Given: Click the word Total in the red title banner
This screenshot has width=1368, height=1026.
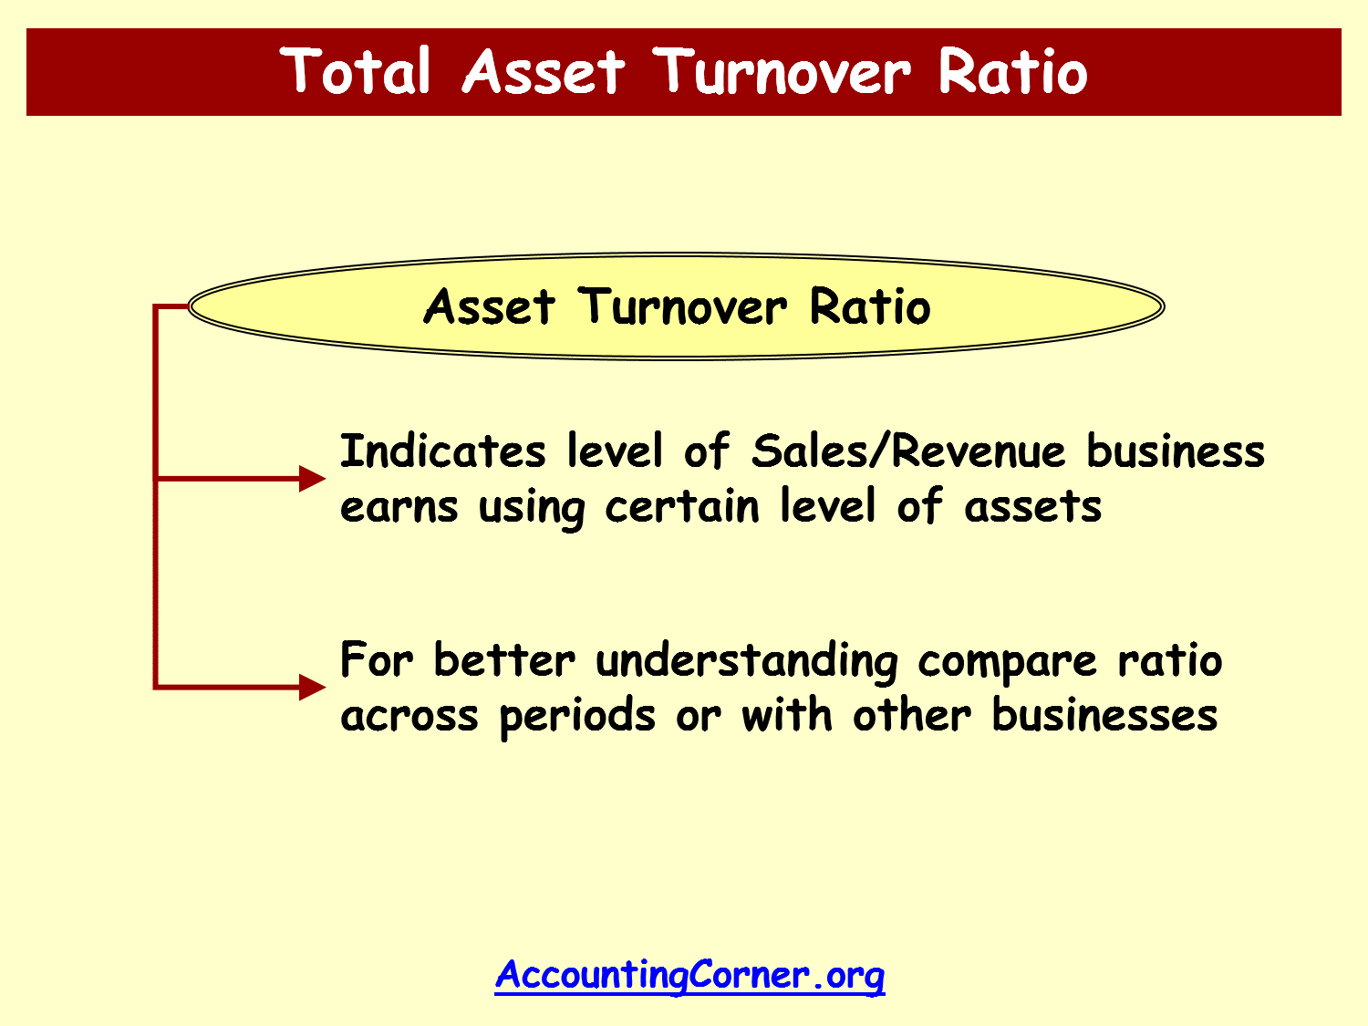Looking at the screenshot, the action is (356, 71).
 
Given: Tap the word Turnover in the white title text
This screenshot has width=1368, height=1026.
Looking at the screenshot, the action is (782, 71).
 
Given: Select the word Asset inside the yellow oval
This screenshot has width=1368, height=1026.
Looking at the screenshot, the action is (489, 306).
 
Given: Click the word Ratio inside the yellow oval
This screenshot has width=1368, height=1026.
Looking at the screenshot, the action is (870, 306).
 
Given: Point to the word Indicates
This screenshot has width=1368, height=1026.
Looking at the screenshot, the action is (443, 451).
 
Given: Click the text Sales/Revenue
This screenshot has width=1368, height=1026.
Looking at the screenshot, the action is (908, 451).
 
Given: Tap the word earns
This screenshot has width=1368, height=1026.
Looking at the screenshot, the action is (399, 506).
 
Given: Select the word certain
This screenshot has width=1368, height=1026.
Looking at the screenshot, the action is (682, 504).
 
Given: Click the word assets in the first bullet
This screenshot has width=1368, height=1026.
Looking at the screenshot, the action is (1032, 506).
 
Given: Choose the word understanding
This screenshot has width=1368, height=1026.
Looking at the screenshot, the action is (747, 661).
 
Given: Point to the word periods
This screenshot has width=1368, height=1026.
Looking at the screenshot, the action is (577, 717).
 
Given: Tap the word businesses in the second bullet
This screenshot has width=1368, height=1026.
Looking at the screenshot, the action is (1104, 714).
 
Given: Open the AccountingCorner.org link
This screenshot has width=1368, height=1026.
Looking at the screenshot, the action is (689, 975).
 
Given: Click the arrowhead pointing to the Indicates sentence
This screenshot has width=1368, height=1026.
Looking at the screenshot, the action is (312, 479).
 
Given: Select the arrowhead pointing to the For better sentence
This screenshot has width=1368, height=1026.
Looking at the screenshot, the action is (312, 687).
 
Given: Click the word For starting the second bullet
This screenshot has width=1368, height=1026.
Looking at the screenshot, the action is (377, 659).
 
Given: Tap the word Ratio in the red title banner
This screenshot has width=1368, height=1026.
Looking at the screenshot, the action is (1012, 71).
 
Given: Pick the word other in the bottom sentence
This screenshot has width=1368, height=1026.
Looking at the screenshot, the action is (912, 714).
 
